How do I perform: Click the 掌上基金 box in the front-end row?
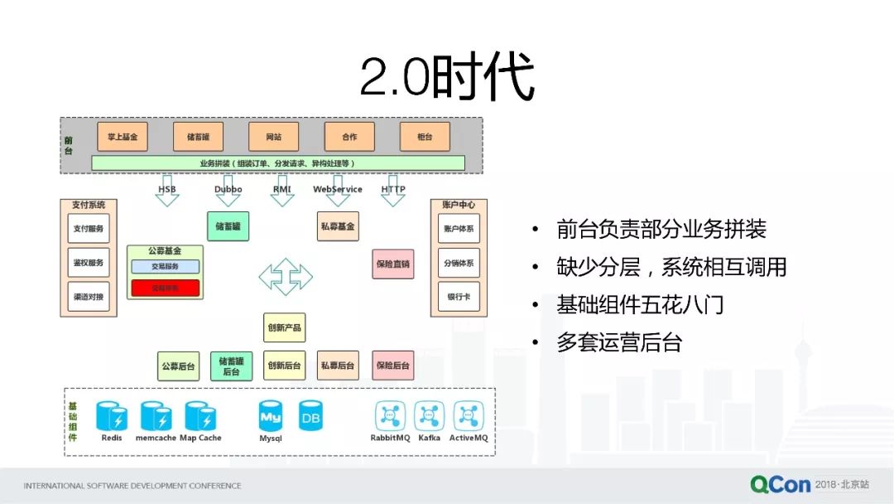(x=123, y=136)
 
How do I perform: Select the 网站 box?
(x=273, y=136)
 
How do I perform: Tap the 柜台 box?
(x=425, y=136)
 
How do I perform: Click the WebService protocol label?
(x=338, y=189)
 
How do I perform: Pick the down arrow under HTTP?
(x=393, y=200)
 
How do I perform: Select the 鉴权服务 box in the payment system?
(x=88, y=263)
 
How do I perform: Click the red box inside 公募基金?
(x=166, y=288)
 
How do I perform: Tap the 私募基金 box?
(x=338, y=225)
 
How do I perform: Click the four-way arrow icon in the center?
(x=285, y=276)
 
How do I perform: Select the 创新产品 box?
(x=284, y=327)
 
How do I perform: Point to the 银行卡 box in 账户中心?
(x=459, y=297)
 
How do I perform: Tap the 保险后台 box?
(x=393, y=366)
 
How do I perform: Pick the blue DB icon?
(x=310, y=416)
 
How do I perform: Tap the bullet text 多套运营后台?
(x=619, y=342)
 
